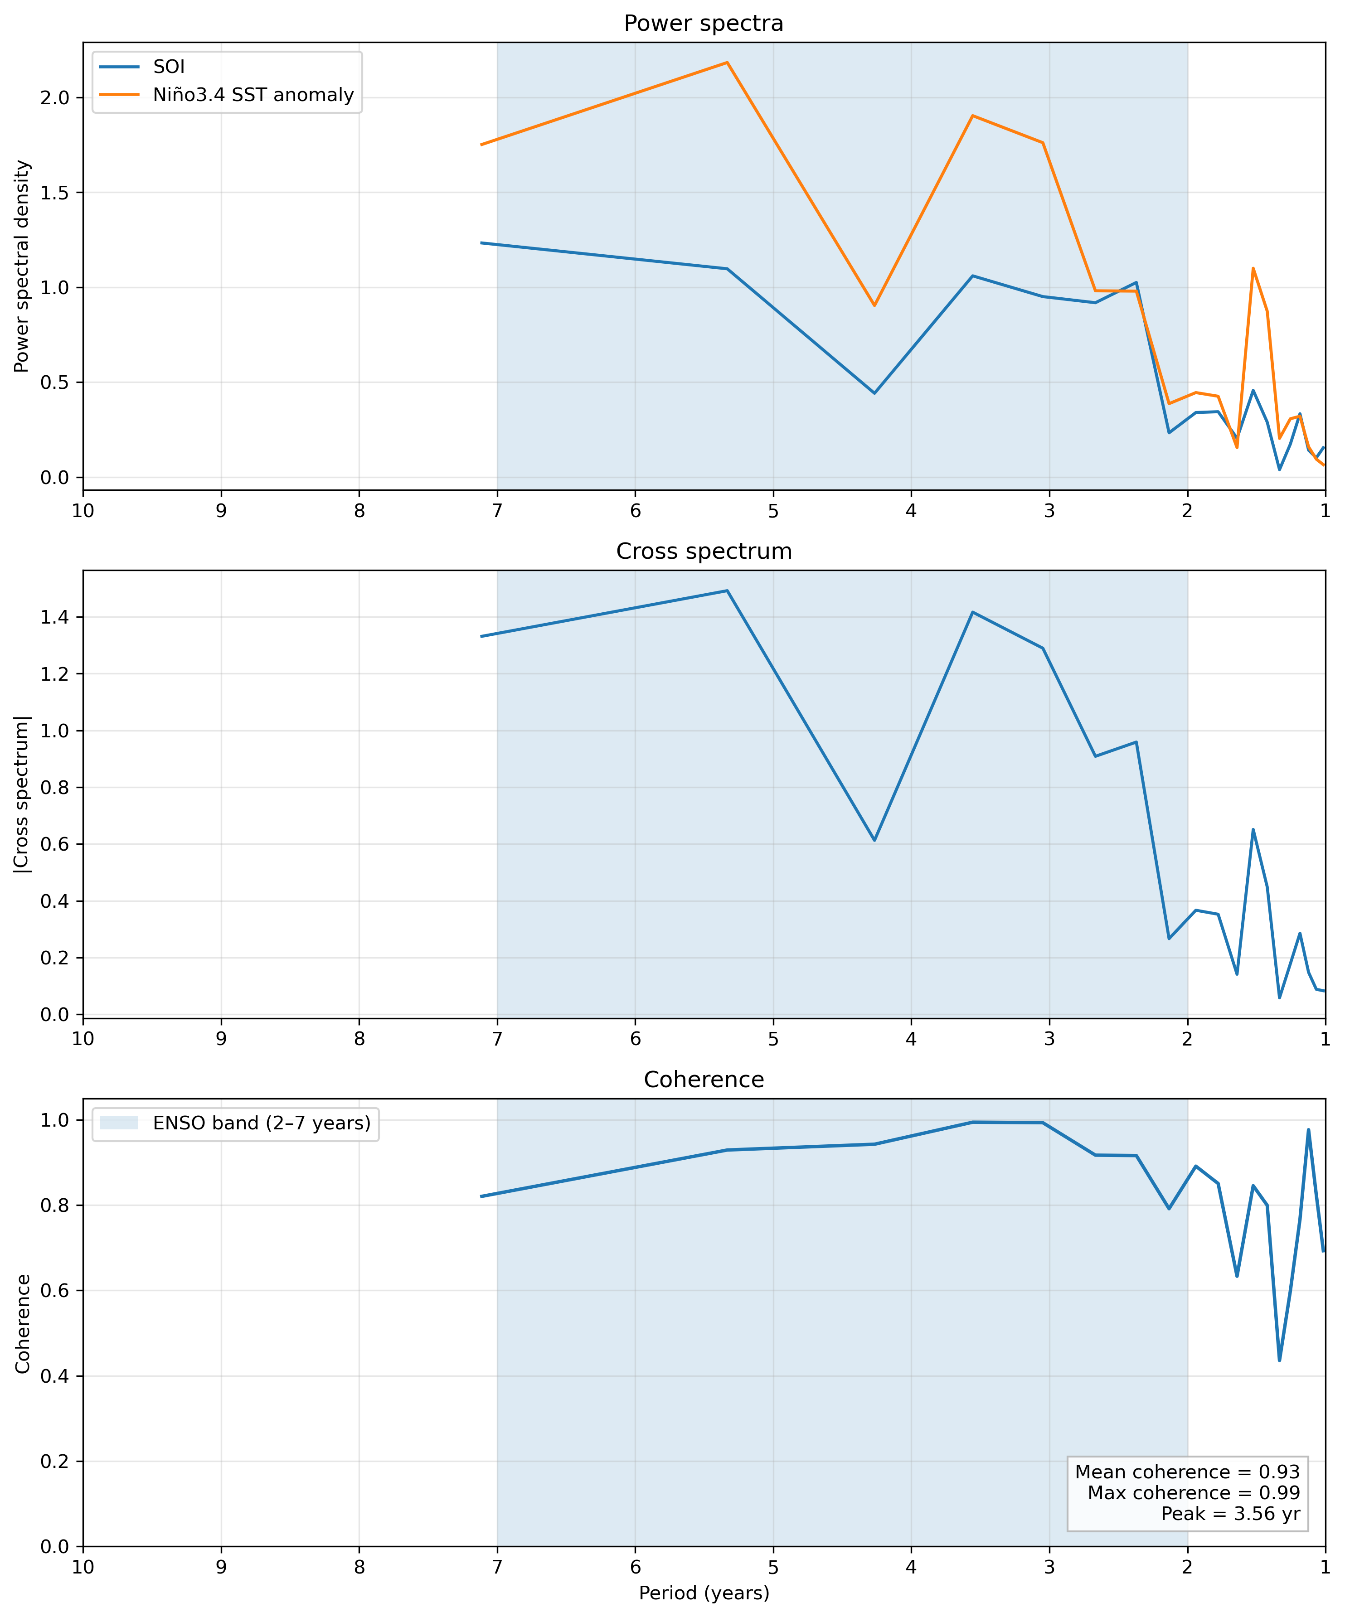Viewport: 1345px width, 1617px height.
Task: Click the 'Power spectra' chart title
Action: [x=703, y=24]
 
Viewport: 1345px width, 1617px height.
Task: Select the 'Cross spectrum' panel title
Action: [x=703, y=552]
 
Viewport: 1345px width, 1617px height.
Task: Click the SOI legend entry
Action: [x=169, y=67]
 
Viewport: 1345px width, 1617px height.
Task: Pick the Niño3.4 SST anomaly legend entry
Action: [x=252, y=95]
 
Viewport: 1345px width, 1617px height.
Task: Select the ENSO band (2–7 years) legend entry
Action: [x=261, y=1123]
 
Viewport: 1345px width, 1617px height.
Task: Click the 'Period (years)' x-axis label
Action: [x=703, y=1593]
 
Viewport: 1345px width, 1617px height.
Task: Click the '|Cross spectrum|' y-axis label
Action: [x=22, y=794]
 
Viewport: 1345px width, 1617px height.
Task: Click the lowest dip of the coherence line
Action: [x=1280, y=1360]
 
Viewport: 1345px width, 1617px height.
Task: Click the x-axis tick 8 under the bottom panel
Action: [x=359, y=1567]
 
